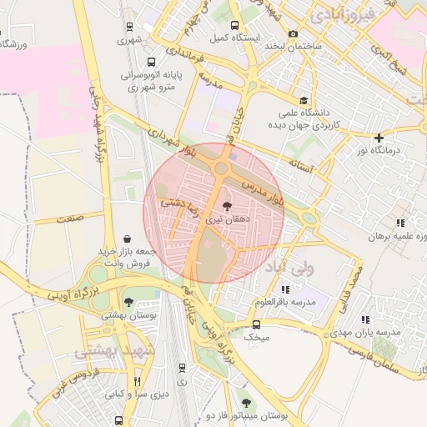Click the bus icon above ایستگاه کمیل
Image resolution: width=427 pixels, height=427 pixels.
[234, 25]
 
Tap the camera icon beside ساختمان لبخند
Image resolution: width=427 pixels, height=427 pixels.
[293, 34]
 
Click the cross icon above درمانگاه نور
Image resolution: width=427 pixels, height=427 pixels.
[379, 138]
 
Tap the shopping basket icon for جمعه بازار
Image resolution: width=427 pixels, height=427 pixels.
[126, 239]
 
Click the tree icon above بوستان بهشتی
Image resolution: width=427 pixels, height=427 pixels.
[128, 303]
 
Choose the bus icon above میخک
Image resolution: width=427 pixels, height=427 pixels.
[256, 325]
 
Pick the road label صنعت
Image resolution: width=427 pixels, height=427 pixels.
[70, 219]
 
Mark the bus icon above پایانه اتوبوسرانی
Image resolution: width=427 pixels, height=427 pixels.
[151, 61]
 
